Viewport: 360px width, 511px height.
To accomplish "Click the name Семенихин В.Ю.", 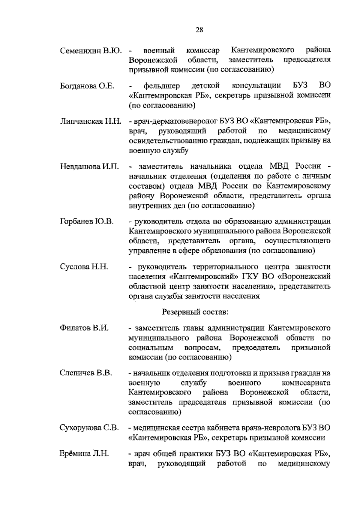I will click(90, 50).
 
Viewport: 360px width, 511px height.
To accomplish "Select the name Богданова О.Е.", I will click(87, 86).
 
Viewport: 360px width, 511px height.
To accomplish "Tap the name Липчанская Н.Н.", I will click(90, 121).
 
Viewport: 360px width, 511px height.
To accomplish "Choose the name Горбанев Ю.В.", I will click(87, 221).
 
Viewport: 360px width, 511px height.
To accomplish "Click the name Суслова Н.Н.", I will click(84, 266).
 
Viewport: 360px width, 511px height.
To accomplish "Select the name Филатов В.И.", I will click(84, 328).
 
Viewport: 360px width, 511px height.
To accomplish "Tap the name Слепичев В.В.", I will click(86, 373).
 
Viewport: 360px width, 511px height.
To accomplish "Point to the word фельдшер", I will click(162, 86).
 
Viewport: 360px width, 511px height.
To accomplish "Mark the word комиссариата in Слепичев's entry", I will click(306, 383).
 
